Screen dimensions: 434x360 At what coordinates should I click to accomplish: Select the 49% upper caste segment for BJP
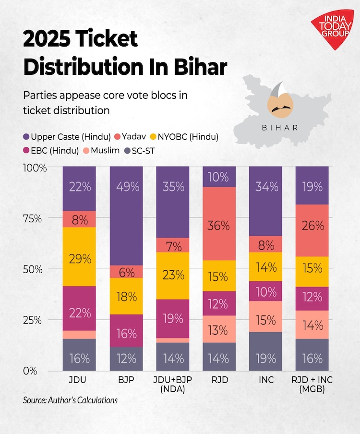[126, 216]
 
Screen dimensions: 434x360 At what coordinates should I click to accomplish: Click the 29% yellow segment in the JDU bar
[79, 259]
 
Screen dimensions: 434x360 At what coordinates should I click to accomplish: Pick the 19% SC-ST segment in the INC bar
[266, 351]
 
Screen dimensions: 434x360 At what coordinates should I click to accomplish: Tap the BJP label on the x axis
[126, 380]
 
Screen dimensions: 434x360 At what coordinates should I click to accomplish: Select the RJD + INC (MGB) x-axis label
[312, 385]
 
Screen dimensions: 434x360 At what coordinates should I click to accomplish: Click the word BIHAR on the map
[280, 128]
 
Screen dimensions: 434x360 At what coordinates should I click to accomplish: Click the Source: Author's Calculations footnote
[70, 399]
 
